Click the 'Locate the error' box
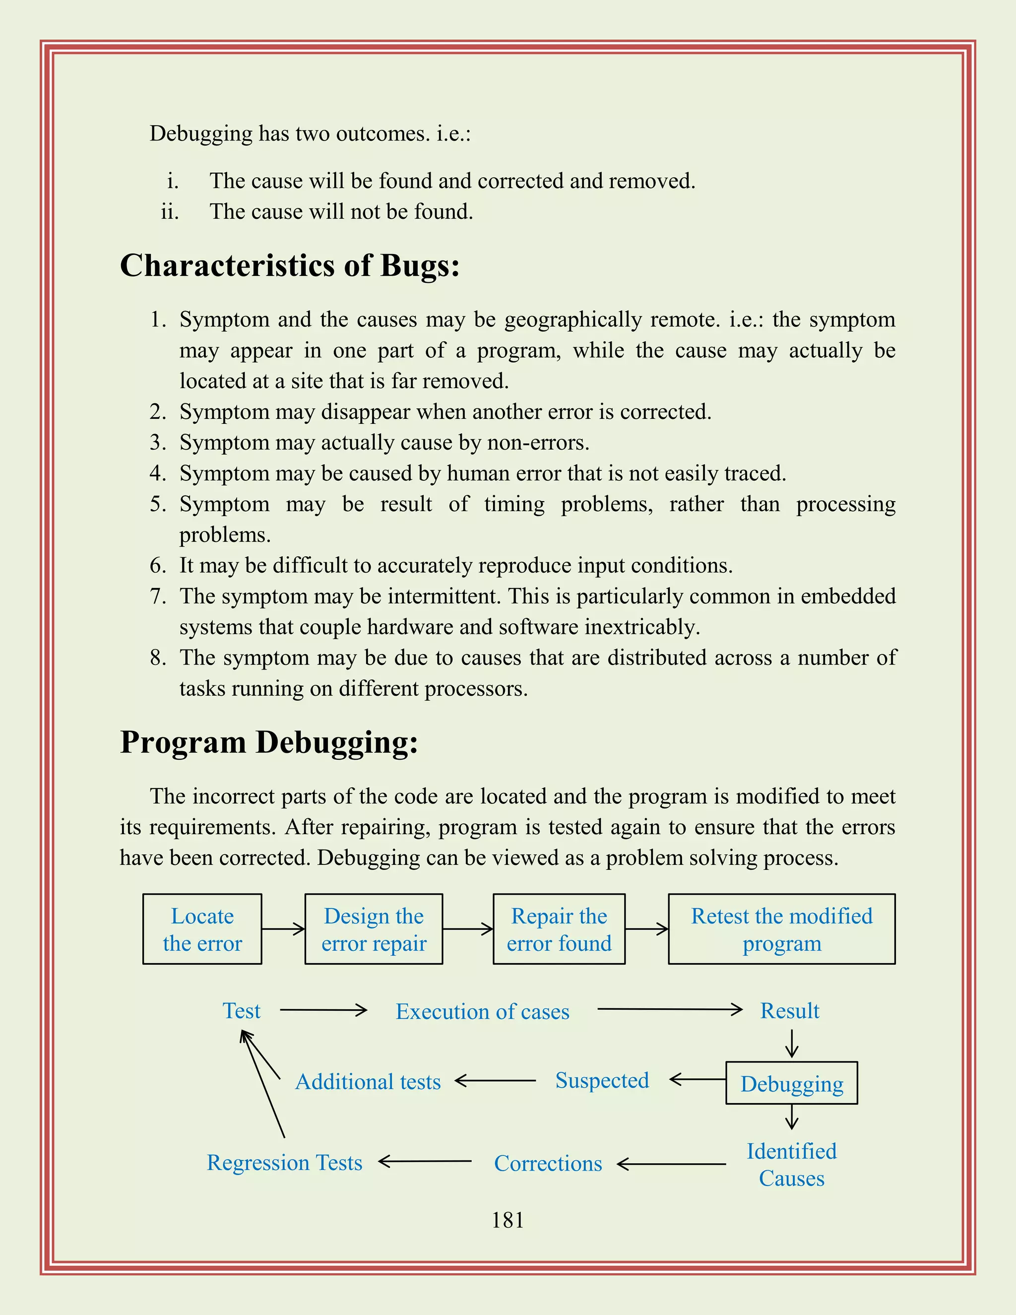click(202, 929)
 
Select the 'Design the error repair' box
click(374, 929)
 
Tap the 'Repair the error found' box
click(559, 929)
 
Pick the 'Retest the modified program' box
click(781, 929)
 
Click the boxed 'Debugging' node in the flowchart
click(791, 1083)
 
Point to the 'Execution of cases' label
click(482, 1011)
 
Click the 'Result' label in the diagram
click(790, 1011)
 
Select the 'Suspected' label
click(602, 1080)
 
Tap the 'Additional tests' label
click(368, 1082)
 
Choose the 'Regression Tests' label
click(285, 1163)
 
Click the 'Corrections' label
click(548, 1164)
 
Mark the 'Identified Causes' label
click(791, 1165)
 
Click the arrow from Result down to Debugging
click(792, 1044)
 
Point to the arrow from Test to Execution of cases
click(323, 1010)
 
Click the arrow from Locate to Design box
click(283, 929)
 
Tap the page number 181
click(508, 1221)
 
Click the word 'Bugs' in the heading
click(420, 265)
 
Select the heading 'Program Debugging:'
click(269, 742)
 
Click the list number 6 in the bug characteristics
click(158, 565)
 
